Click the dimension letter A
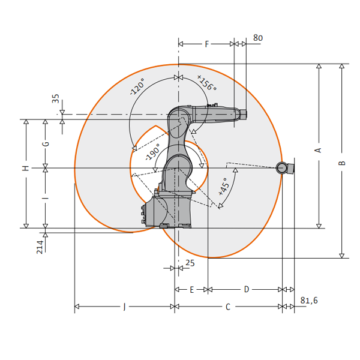319,150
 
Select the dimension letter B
342,163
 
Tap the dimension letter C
228,307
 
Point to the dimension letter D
247,289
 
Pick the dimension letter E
192,290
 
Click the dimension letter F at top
207,44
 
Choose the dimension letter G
46,144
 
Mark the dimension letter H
26,168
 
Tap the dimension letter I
46,198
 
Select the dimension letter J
124,307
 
